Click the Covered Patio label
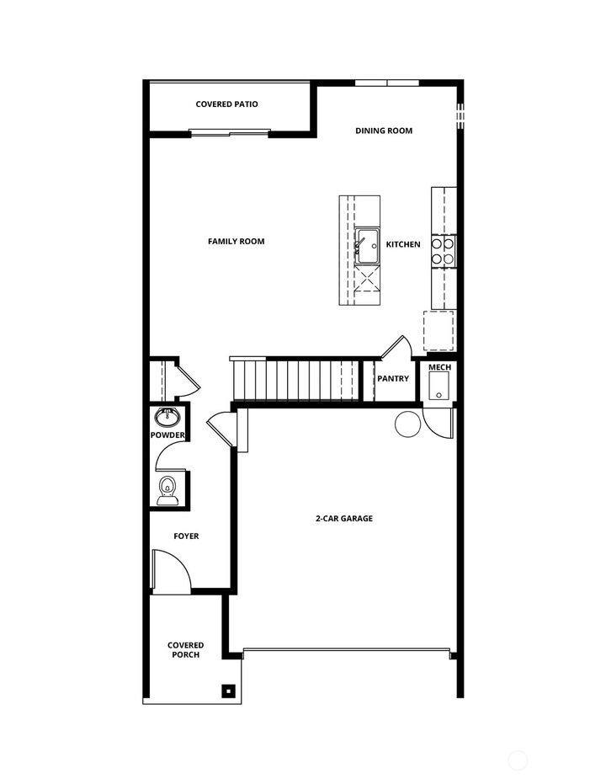pyautogui.click(x=226, y=104)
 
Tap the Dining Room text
pyautogui.click(x=384, y=131)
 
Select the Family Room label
pyautogui.click(x=236, y=242)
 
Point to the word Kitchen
pyautogui.click(x=403, y=244)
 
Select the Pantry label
pyautogui.click(x=393, y=379)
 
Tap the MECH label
pyautogui.click(x=439, y=368)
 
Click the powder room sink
pyautogui.click(x=166, y=416)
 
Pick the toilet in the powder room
pyautogui.click(x=167, y=489)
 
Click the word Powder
pyautogui.click(x=167, y=435)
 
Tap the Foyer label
pyautogui.click(x=186, y=536)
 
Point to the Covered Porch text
pyautogui.click(x=185, y=650)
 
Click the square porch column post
pyautogui.click(x=227, y=691)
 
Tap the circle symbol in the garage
pyautogui.click(x=407, y=424)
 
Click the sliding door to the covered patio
pyautogui.click(x=230, y=132)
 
